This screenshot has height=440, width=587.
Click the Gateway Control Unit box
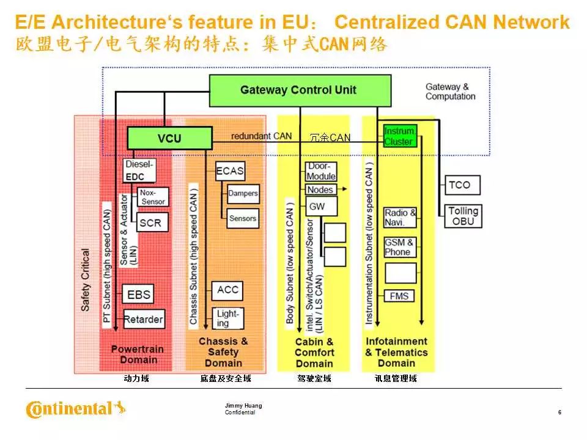click(x=300, y=90)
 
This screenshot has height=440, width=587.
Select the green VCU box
click(x=169, y=138)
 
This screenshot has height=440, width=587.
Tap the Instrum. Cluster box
click(x=399, y=136)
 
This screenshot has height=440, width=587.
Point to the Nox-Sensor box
click(x=152, y=196)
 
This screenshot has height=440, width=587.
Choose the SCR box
click(x=150, y=222)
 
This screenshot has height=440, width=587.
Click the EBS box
click(x=139, y=295)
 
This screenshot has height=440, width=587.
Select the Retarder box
click(x=144, y=318)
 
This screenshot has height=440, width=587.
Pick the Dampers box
click(x=243, y=194)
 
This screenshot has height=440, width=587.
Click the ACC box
click(x=227, y=290)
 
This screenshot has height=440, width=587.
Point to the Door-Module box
click(x=321, y=172)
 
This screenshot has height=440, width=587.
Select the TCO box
click(x=459, y=185)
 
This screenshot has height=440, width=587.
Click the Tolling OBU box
click(x=463, y=216)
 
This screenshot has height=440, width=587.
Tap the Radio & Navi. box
click(x=400, y=218)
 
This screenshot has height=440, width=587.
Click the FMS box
click(x=401, y=296)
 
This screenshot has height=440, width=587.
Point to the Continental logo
click(x=75, y=408)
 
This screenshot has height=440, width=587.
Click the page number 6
click(x=559, y=413)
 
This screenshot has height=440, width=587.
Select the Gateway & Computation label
click(x=450, y=92)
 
